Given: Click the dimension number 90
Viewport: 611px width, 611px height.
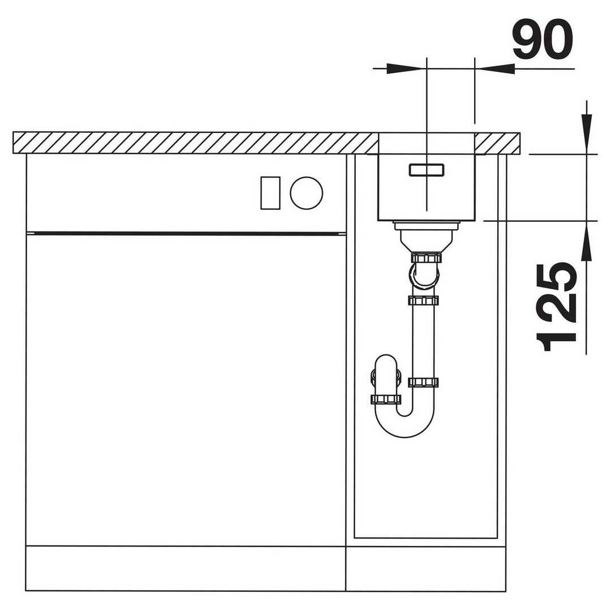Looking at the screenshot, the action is pos(543,39).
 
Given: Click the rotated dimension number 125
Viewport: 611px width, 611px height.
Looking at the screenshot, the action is pos(557,307).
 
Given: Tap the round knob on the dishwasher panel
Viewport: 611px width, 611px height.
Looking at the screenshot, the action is pos(306,193).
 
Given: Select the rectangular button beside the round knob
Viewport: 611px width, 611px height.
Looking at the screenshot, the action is pos(270,193).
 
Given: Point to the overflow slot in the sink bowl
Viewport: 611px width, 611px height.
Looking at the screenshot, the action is pos(427,170).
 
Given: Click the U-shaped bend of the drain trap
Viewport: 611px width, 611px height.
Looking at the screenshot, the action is pos(404,423).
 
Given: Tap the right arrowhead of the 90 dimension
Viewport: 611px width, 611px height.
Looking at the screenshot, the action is pos(495,68).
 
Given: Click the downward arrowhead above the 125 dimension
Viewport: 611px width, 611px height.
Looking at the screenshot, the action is pos(586,132).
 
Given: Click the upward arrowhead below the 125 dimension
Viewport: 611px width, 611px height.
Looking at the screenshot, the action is pos(586,241).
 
